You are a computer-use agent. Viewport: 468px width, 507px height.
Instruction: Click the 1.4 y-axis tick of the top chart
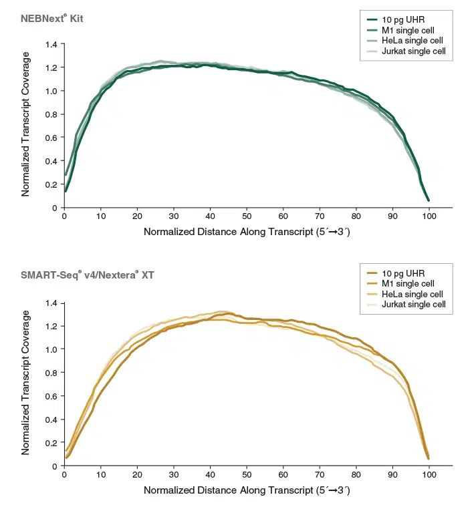click(x=51, y=44)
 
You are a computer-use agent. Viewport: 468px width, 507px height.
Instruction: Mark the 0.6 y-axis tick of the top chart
click(x=51, y=138)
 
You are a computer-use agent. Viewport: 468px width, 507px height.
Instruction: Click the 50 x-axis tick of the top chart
click(x=247, y=216)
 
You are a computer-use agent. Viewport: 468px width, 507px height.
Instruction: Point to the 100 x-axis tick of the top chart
click(x=429, y=216)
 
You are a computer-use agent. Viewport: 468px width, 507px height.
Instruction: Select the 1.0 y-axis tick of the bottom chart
click(x=51, y=349)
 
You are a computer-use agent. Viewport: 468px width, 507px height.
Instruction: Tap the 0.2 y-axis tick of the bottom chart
click(x=51, y=442)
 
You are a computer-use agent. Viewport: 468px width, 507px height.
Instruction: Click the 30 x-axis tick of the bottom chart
click(x=174, y=475)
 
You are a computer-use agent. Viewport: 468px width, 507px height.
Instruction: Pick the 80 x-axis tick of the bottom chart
click(x=356, y=475)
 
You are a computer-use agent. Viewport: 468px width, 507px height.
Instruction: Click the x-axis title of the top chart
click(x=247, y=232)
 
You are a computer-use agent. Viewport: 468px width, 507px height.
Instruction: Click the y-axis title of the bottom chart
click(x=26, y=383)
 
